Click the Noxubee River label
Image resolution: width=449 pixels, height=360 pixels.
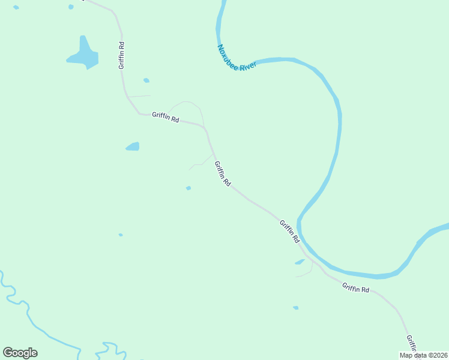237,58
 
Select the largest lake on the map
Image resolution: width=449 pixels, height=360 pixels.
83,55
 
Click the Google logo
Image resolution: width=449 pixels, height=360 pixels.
20,353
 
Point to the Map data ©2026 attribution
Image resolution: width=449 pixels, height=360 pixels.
423,355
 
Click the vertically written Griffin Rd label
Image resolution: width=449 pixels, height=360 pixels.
122,55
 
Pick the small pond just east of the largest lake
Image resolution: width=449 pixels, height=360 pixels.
146,80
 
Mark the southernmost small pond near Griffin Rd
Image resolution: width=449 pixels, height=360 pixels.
295,308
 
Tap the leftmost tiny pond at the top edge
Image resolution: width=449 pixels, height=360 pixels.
16,7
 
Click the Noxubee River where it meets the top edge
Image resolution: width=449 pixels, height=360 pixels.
223,3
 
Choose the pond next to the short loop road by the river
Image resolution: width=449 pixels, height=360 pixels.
300,262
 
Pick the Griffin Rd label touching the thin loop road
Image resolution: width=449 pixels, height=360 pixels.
166,118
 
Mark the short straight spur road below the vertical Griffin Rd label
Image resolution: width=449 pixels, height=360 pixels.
139,96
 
